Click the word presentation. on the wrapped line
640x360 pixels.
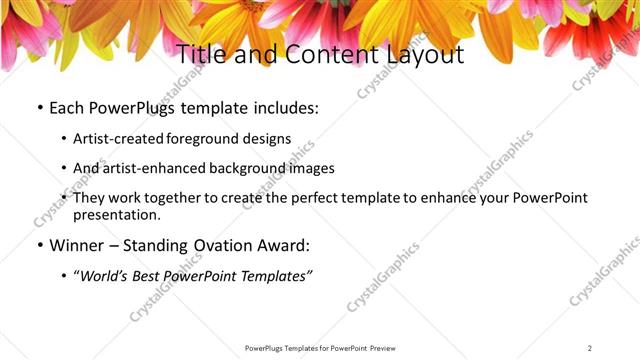point(116,215)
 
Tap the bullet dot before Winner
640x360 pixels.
point(39,246)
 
